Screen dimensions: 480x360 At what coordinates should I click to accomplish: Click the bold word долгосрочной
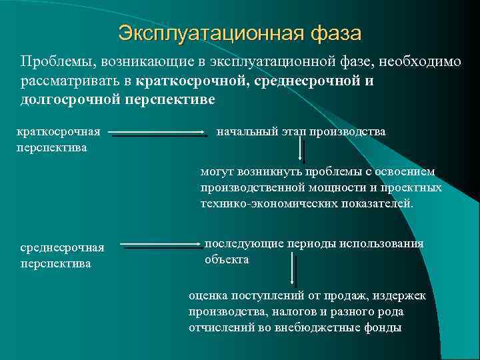[65, 100]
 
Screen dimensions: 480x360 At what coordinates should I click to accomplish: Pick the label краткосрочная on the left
[59, 131]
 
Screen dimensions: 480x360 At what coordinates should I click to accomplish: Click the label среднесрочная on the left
[63, 248]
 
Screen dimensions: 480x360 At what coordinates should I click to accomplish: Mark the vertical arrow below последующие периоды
[293, 271]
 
